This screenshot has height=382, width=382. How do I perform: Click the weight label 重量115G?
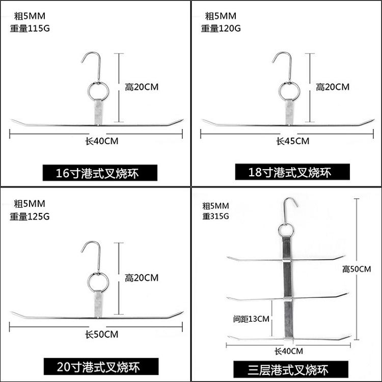pyautogui.click(x=30, y=29)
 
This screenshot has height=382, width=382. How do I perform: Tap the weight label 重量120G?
pyautogui.click(x=221, y=29)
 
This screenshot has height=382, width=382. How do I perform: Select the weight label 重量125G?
pyautogui.click(x=30, y=216)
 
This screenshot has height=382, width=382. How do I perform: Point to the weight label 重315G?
pyautogui.click(x=215, y=216)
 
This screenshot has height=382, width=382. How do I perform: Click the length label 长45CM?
pyautogui.click(x=293, y=141)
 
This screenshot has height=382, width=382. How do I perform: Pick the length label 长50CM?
pyautogui.click(x=101, y=334)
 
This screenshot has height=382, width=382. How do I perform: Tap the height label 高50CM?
pyautogui.click(x=357, y=269)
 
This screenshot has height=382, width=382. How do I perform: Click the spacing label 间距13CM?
pyautogui.click(x=251, y=319)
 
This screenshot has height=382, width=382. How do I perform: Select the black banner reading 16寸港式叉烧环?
pyautogui.click(x=100, y=173)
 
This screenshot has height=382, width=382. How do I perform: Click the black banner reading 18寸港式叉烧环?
pyautogui.click(x=292, y=172)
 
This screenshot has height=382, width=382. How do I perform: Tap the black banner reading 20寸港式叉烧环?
pyautogui.click(x=101, y=366)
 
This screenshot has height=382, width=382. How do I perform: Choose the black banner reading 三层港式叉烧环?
pyautogui.click(x=291, y=369)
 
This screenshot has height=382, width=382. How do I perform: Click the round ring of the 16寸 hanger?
pyautogui.click(x=88, y=91)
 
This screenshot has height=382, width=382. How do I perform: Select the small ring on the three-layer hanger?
pyautogui.click(x=279, y=230)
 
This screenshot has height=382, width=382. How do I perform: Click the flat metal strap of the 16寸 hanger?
pyautogui.click(x=98, y=112)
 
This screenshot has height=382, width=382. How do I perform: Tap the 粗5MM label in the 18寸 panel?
pyautogui.click(x=221, y=16)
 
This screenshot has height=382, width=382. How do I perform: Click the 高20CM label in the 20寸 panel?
pyautogui.click(x=142, y=278)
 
